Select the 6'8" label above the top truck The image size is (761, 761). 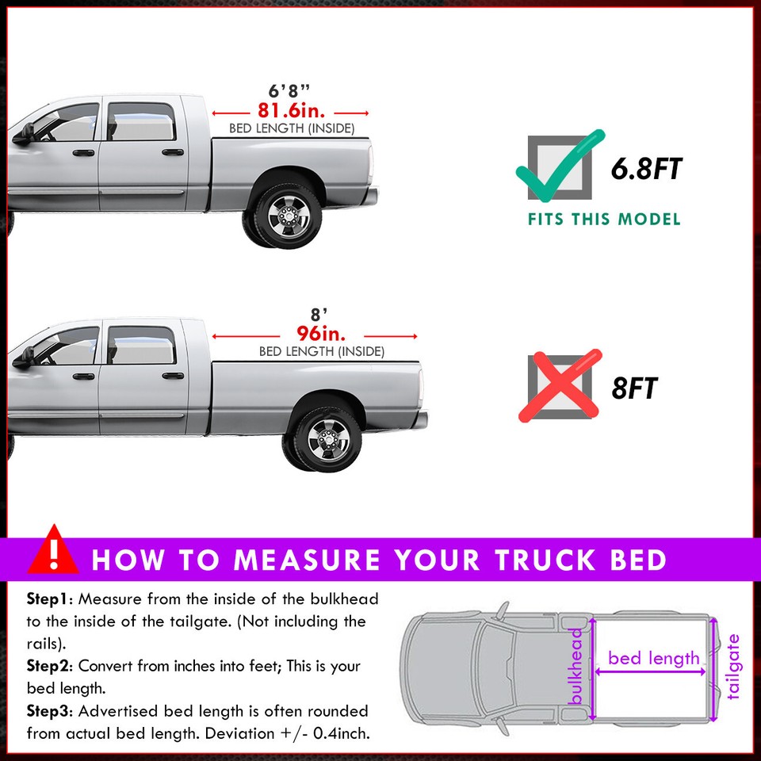point(291,90)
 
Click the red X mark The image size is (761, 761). point(559,386)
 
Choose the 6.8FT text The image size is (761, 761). point(646,169)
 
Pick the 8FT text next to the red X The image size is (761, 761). point(634,388)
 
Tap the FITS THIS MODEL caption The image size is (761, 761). point(604,219)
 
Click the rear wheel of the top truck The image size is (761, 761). point(283,213)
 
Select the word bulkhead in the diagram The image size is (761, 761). point(577,670)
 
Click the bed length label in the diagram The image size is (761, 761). point(654,658)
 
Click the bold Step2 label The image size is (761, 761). point(48,666)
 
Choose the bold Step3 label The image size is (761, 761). point(48,711)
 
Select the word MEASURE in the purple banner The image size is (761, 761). point(306,560)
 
